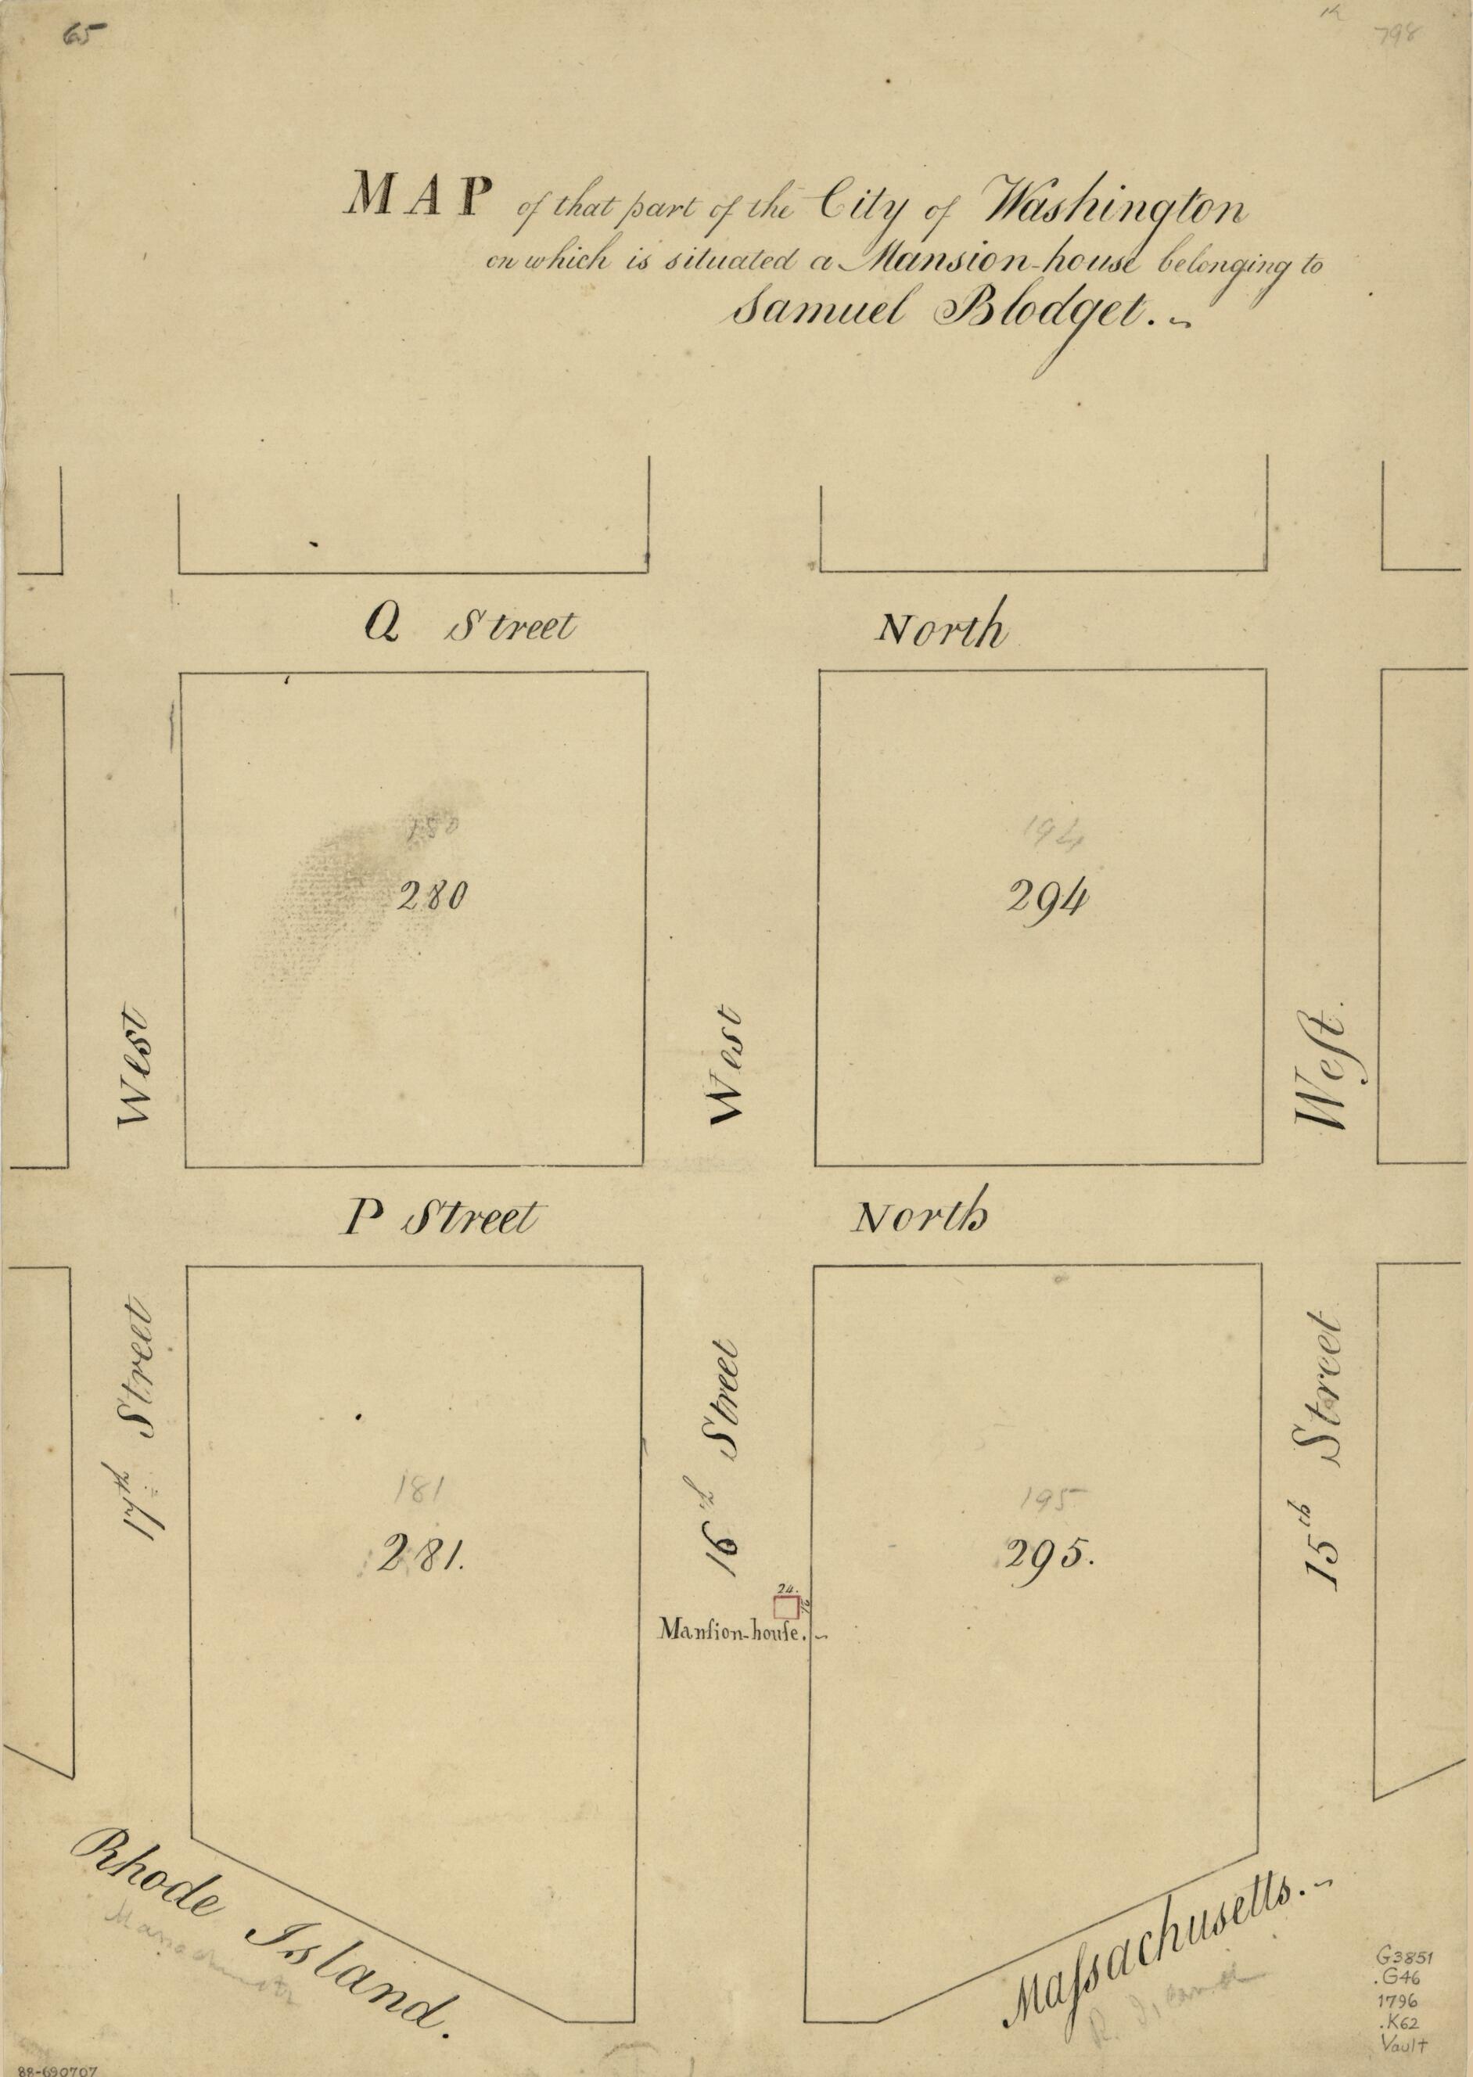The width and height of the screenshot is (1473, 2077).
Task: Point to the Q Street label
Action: point(469,626)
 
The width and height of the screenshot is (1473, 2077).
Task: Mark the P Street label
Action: point(440,1218)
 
